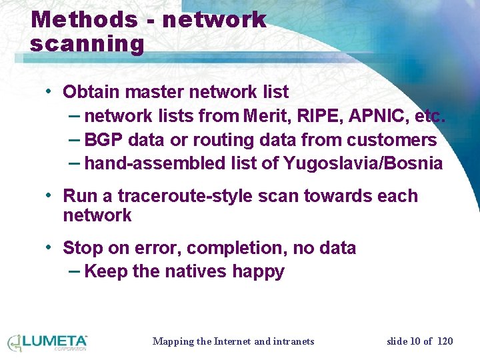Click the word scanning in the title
click(x=87, y=44)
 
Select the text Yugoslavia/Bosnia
click(x=363, y=163)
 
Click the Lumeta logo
click(x=47, y=342)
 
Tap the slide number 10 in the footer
click(x=417, y=341)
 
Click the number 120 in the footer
click(x=445, y=341)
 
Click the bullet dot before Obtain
click(x=49, y=91)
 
